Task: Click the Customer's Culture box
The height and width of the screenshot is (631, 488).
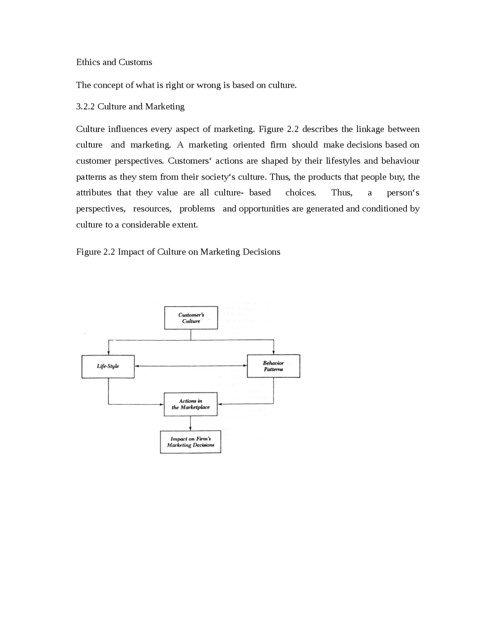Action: tap(191, 318)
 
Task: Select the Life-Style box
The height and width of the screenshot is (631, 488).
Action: tap(108, 367)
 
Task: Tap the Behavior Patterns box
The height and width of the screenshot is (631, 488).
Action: tap(273, 366)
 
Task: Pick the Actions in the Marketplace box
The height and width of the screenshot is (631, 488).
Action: tap(191, 404)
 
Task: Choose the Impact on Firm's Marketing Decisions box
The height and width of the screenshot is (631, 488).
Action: tap(190, 442)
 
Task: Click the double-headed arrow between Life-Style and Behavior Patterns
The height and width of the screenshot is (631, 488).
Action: tap(191, 366)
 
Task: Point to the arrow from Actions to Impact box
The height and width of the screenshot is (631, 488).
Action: tap(190, 423)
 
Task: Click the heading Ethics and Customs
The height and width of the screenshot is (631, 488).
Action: tap(114, 62)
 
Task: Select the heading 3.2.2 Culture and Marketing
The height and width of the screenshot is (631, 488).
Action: tap(130, 106)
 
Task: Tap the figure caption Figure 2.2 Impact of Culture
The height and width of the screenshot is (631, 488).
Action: tap(178, 252)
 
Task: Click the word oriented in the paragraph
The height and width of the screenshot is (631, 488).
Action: tap(249, 145)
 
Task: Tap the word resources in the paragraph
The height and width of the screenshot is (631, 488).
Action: tap(152, 209)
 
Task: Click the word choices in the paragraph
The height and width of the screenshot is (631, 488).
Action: tap(301, 193)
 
